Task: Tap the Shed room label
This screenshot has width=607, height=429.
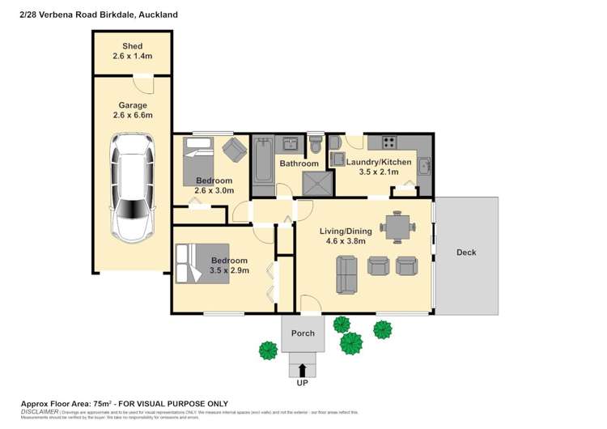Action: [x=132, y=46]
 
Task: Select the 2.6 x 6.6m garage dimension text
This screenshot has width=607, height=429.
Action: [x=133, y=116]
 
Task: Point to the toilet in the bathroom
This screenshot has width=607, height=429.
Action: [x=316, y=145]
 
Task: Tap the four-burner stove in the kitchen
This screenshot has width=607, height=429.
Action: [x=388, y=142]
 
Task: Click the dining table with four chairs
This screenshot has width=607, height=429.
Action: [x=397, y=227]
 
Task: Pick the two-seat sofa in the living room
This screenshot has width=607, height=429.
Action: [x=347, y=275]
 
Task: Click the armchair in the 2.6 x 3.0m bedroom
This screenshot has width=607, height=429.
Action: [x=234, y=149]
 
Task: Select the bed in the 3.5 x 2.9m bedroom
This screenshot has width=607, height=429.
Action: [x=194, y=263]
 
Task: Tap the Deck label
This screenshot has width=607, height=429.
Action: [x=466, y=253]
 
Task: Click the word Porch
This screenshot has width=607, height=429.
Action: [x=303, y=333]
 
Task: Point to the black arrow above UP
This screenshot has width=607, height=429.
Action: [x=303, y=370]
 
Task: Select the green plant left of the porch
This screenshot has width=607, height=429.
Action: [x=268, y=350]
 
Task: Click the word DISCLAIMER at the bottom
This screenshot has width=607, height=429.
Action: [x=38, y=411]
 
